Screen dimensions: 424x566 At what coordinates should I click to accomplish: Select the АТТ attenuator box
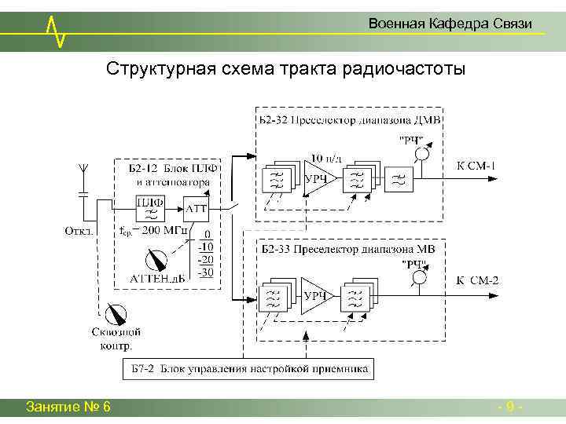pyautogui.click(x=196, y=209)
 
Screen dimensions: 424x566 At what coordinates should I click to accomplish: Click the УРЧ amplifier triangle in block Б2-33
pyautogui.click(x=315, y=294)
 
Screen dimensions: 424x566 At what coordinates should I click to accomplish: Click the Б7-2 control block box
pyautogui.click(x=248, y=368)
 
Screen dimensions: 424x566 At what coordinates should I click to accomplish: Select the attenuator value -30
pyautogui.click(x=204, y=272)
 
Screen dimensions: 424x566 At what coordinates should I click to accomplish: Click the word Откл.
pyautogui.click(x=79, y=231)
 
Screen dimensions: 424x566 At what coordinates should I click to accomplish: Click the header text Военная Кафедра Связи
pyautogui.click(x=450, y=24)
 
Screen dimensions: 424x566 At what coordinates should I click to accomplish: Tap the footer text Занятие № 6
pyautogui.click(x=68, y=407)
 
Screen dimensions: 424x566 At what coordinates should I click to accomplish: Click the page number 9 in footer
pyautogui.click(x=511, y=407)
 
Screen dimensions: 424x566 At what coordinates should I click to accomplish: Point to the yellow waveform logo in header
pyautogui.click(x=56, y=30)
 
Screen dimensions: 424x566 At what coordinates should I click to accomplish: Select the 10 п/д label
pyautogui.click(x=326, y=156)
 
